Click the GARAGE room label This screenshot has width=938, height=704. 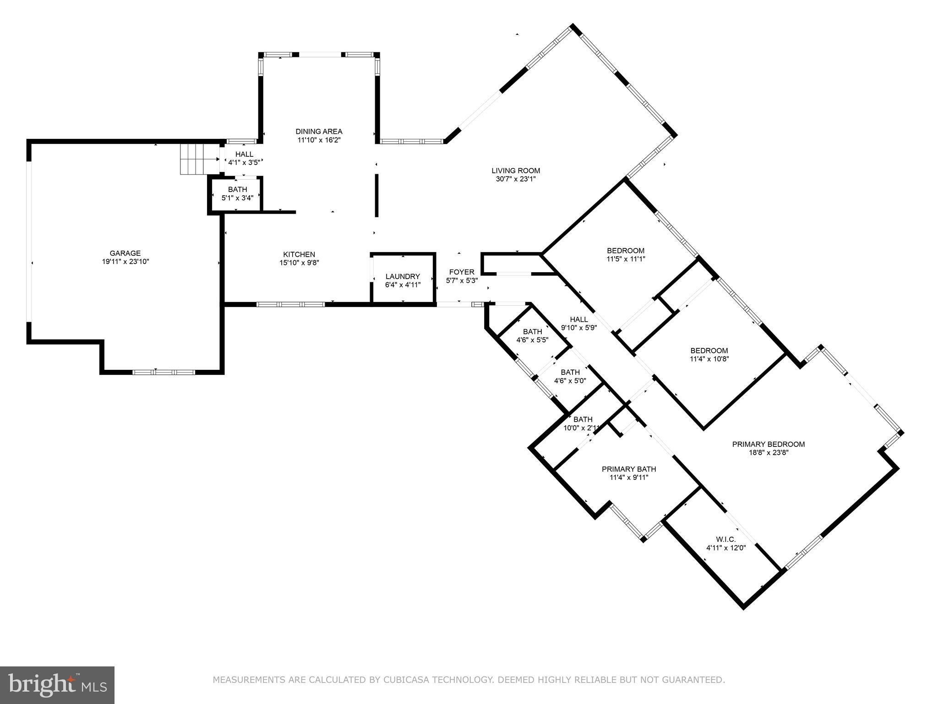125,253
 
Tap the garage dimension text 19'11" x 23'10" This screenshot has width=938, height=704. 125,262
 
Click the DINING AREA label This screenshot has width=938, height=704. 319,132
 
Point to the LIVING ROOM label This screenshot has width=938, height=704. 516,171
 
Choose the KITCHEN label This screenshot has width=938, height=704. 299,254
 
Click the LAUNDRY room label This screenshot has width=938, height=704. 403,276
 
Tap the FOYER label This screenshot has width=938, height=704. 462,272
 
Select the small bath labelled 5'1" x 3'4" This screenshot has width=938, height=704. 237,194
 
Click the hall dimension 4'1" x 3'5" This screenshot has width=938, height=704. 244,162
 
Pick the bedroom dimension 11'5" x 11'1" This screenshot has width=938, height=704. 626,259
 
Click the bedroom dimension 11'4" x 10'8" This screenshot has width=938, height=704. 709,359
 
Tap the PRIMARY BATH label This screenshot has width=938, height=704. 628,469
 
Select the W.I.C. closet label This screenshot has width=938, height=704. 726,539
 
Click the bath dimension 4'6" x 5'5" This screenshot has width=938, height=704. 532,340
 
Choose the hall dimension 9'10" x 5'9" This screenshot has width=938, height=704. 579,328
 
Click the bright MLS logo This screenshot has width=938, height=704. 57,685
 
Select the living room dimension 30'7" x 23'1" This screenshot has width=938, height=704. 516,179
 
